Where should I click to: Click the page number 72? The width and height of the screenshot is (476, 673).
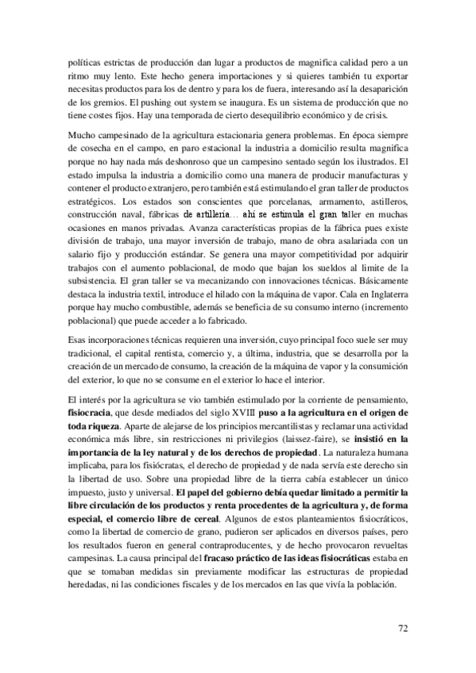pyautogui.click(x=402, y=628)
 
